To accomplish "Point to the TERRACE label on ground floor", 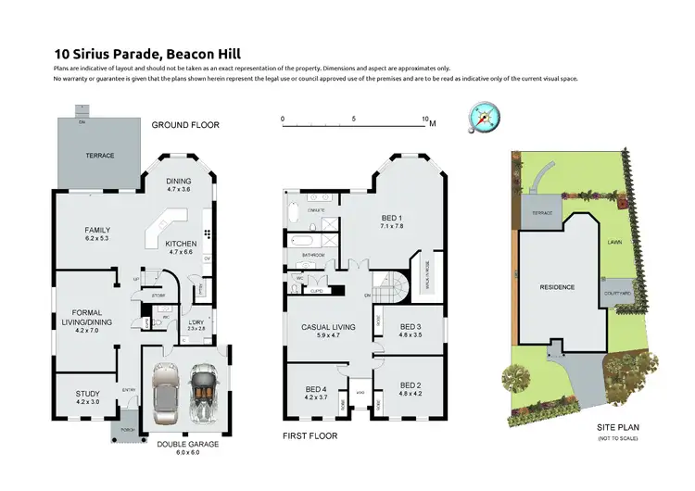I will tap(100, 155).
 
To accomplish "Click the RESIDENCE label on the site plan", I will tap(557, 287).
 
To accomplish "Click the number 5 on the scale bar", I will tap(354, 120).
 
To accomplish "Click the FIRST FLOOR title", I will tap(310, 435).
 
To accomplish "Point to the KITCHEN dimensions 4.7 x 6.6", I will tap(181, 251).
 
